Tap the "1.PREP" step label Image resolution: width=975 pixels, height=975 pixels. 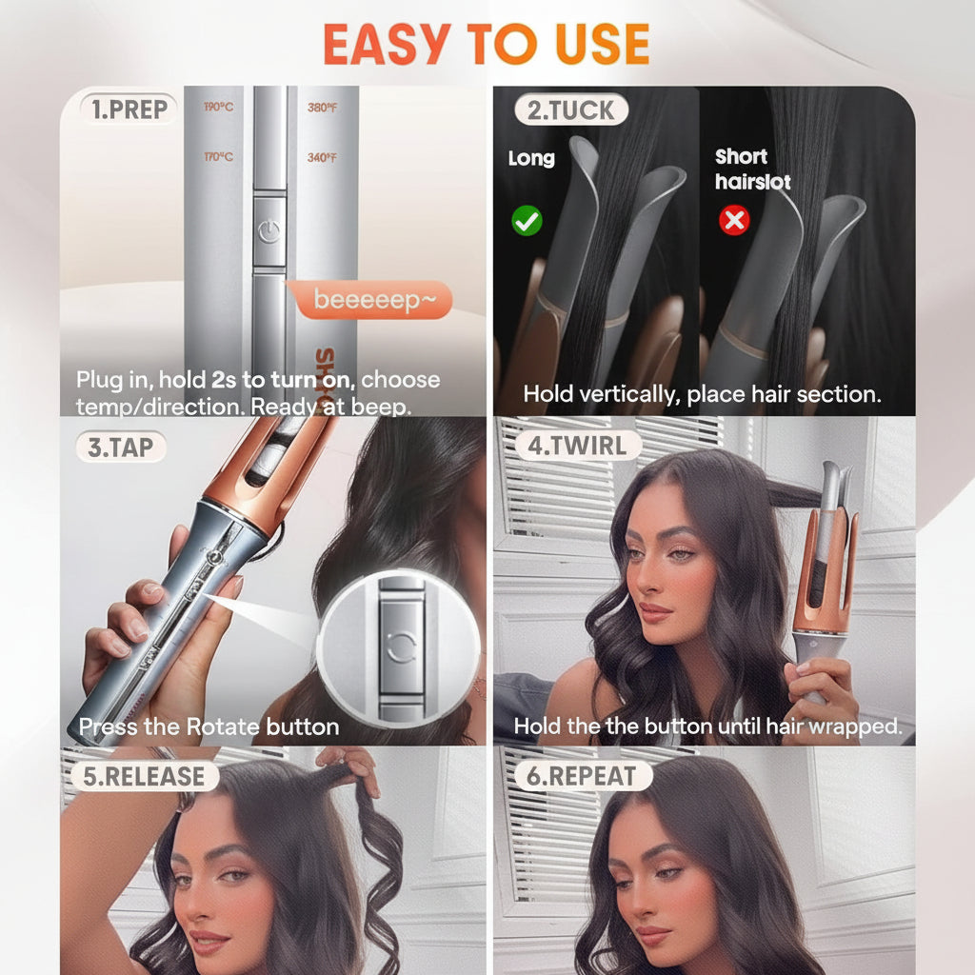(x=129, y=109)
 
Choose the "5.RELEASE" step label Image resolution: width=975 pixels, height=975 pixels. (x=143, y=776)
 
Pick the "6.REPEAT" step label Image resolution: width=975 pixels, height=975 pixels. (x=581, y=776)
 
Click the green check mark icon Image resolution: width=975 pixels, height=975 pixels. (x=527, y=222)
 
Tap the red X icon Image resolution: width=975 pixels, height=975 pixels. (x=734, y=221)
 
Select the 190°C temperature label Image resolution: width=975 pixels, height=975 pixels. (x=218, y=108)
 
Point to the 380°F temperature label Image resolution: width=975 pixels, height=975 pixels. (x=322, y=108)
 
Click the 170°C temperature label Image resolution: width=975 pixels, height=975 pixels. (x=218, y=157)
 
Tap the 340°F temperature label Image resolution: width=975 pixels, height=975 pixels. (x=322, y=157)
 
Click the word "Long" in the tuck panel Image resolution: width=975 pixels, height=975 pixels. (x=531, y=158)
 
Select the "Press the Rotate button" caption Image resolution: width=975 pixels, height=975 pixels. (x=209, y=727)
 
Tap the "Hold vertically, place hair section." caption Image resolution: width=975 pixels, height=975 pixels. (x=703, y=393)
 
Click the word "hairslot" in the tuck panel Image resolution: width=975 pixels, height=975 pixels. (x=752, y=182)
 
